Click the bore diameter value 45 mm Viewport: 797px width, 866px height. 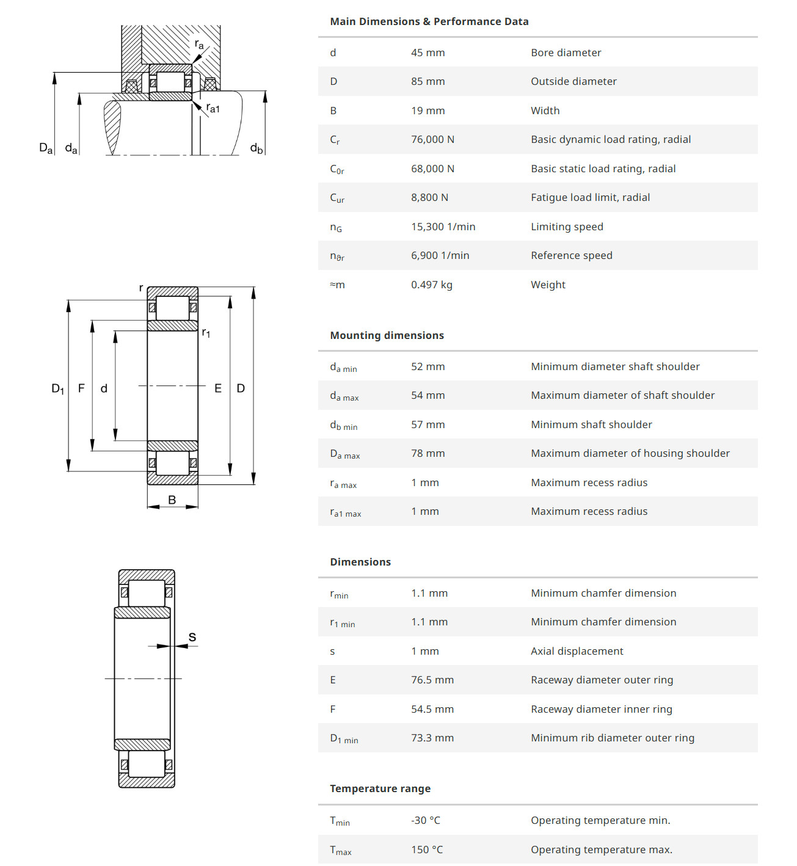pos(428,53)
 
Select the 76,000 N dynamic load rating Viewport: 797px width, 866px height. pos(432,139)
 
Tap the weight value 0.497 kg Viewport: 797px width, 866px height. pos(431,285)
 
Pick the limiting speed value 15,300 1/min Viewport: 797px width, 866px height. pos(443,227)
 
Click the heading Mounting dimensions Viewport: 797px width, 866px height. pos(387,335)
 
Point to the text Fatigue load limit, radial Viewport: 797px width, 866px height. pos(590,197)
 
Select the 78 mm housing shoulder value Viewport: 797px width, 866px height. pos(428,453)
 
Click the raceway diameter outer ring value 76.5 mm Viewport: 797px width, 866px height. pos(432,680)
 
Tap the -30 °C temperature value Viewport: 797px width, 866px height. pos(425,820)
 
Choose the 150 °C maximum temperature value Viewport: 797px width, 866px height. pos(426,850)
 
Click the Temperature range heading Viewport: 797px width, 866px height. pos(380,788)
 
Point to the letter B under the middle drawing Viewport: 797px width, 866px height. pos(172,500)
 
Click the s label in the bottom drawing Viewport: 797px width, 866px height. pos(192,637)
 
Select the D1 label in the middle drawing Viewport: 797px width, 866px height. pos(58,388)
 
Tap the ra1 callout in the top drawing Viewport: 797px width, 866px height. pos(213,108)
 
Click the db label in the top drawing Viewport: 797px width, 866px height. pos(257,148)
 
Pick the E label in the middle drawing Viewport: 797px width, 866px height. pos(218,388)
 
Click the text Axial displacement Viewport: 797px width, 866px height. pos(577,651)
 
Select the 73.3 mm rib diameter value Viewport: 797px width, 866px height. pos(432,738)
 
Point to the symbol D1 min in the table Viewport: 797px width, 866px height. pos(344,738)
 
